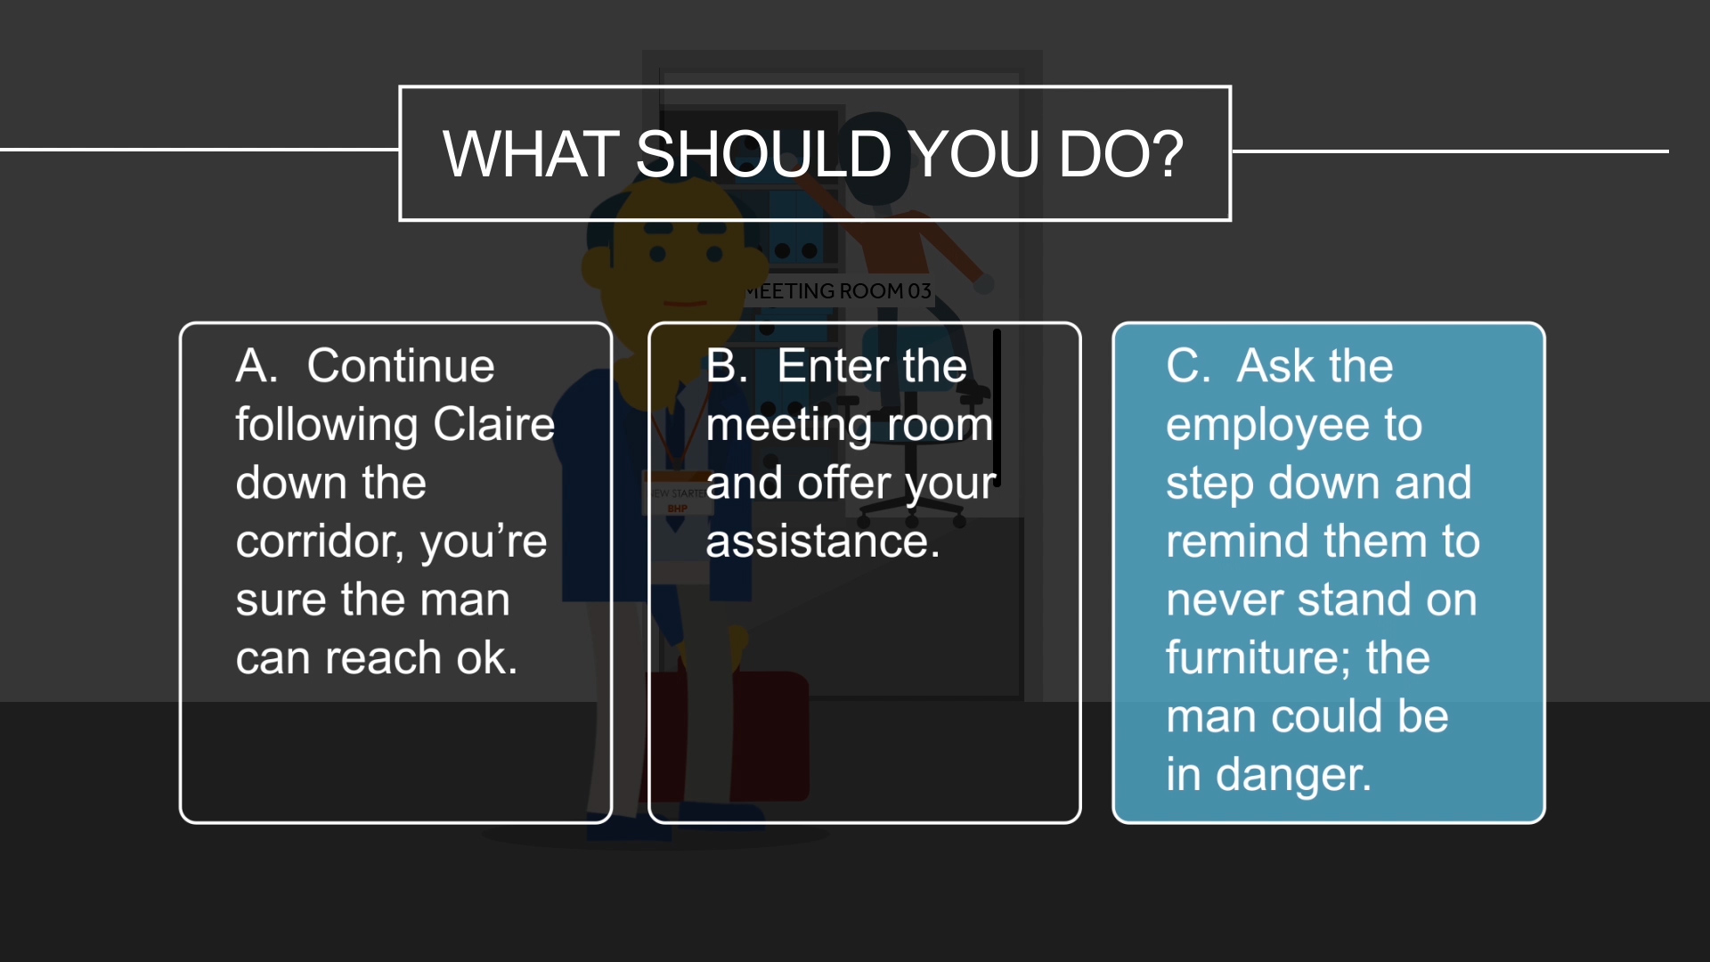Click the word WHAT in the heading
(531, 154)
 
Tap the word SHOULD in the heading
(763, 154)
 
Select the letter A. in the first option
(256, 366)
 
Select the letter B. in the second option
(727, 366)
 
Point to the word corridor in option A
(316, 542)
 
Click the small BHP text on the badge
(678, 509)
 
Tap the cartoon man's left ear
(595, 265)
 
